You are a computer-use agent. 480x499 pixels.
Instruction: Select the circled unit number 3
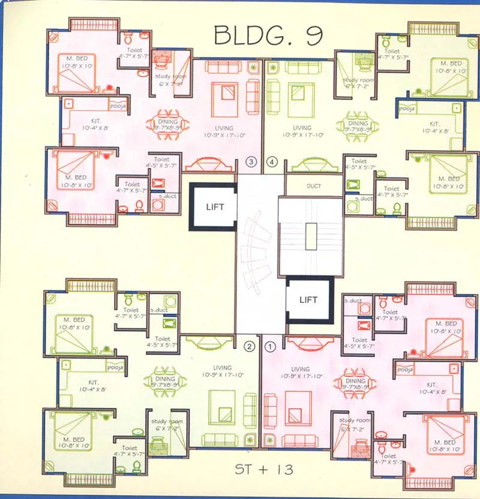click(252, 161)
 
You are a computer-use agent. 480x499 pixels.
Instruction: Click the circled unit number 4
click(273, 161)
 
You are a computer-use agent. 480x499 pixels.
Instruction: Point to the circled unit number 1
click(270, 346)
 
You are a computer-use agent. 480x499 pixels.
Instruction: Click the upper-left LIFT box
click(214, 207)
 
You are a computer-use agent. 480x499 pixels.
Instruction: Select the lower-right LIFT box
click(309, 299)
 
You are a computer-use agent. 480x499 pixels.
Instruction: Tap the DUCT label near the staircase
click(314, 186)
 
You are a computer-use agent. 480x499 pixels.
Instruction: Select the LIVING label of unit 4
click(302, 128)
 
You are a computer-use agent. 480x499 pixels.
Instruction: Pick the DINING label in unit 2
click(164, 379)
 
